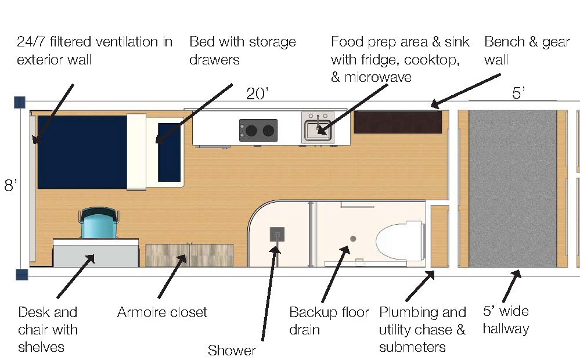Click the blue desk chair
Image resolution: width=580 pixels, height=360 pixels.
[99, 223]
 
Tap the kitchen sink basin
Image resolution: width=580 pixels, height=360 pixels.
[318, 130]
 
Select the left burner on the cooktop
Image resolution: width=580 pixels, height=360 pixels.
[251, 131]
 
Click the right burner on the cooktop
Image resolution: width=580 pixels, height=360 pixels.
[268, 131]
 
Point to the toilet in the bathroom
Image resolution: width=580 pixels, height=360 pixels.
[399, 241]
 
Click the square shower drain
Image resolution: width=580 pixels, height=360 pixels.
[277, 235]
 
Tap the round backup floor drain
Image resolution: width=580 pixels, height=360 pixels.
[353, 239]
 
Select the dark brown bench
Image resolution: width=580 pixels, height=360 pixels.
[398, 122]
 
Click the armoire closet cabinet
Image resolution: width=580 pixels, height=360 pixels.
[189, 255]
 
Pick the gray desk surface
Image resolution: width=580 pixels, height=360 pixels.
[96, 253]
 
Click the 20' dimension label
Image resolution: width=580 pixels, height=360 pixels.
[257, 93]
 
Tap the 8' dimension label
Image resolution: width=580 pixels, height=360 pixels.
[10, 185]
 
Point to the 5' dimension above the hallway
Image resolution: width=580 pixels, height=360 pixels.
[518, 93]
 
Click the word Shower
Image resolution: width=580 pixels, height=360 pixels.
[232, 350]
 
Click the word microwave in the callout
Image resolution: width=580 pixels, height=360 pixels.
[377, 77]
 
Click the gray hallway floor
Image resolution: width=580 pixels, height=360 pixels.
[513, 188]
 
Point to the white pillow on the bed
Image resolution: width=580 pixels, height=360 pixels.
[136, 152]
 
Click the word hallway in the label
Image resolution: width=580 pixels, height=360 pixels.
[506, 329]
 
